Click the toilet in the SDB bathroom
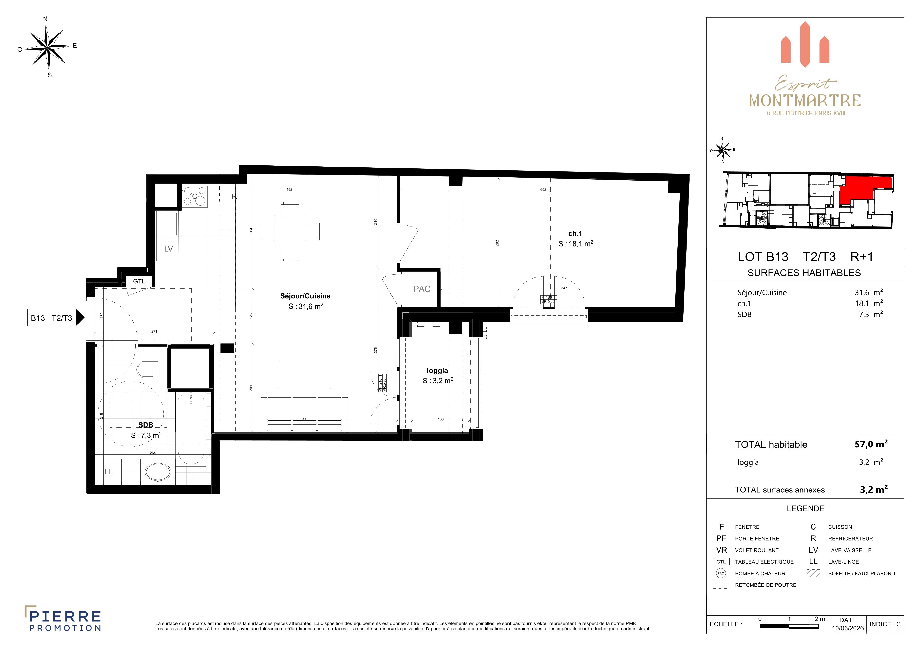tap(145, 370)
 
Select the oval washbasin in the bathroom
tap(158, 472)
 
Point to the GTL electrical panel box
tap(139, 281)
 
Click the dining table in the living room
tap(290, 232)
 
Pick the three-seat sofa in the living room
tap(304, 415)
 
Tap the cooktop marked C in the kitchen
tap(194, 196)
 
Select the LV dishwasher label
tap(168, 249)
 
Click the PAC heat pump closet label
tap(422, 289)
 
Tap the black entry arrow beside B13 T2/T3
tap(80, 318)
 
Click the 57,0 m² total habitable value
tap(871, 444)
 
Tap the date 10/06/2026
tap(848, 628)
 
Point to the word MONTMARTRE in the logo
tap(805, 101)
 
